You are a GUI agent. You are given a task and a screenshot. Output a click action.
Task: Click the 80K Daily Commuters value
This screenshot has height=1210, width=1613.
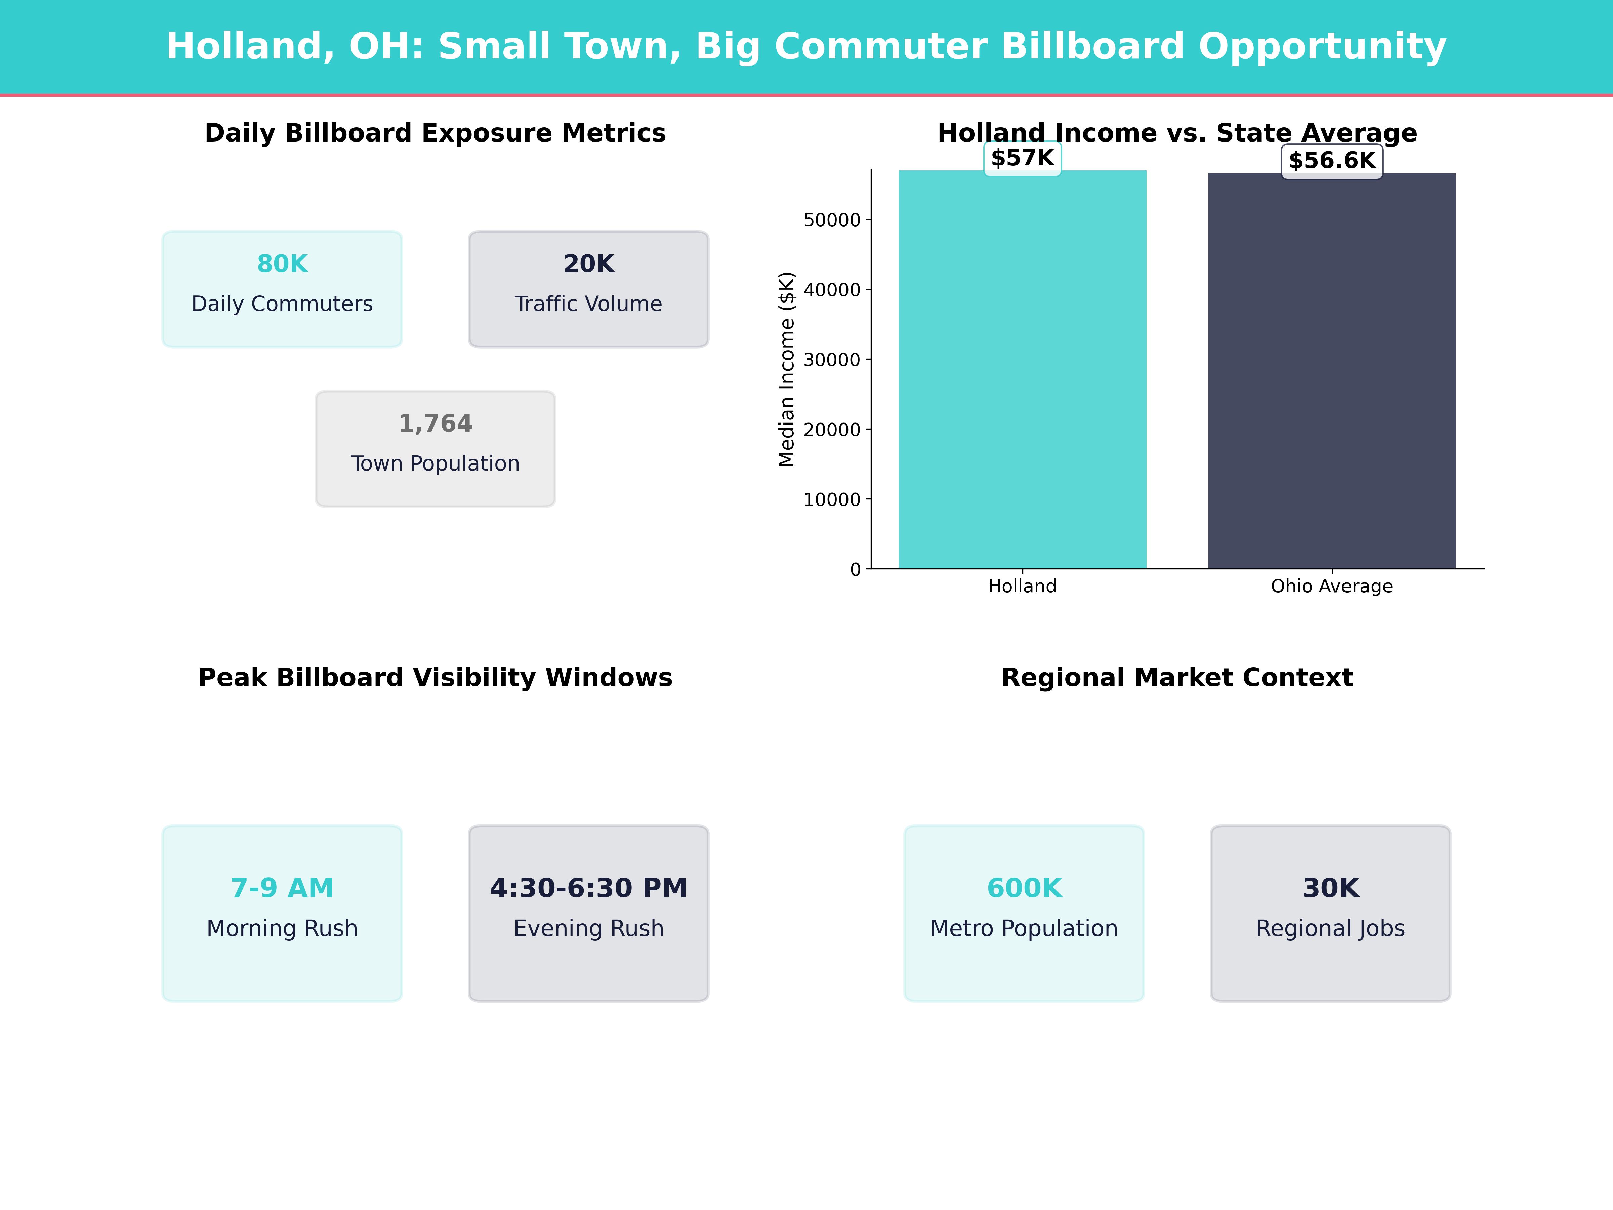[x=282, y=264]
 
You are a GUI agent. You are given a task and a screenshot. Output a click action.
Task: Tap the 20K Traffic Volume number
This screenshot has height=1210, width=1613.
[x=588, y=264]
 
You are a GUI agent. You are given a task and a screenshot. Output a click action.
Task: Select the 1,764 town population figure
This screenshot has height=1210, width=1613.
[x=435, y=424]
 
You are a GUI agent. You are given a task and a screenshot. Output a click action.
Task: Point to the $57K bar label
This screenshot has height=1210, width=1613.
[x=1022, y=158]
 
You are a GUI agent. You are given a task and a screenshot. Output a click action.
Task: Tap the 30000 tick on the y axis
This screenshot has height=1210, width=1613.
[x=832, y=360]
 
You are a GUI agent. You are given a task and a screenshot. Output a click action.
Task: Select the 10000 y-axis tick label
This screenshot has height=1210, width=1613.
[x=832, y=499]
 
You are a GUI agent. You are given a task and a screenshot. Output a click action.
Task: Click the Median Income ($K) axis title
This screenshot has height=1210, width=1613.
[x=786, y=369]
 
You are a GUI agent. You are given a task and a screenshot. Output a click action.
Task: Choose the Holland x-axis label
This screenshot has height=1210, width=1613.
[x=1022, y=587]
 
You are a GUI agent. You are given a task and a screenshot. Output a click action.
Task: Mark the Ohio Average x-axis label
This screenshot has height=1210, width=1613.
[x=1331, y=587]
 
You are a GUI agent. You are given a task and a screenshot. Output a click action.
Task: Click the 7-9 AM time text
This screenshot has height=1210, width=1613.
[x=282, y=888]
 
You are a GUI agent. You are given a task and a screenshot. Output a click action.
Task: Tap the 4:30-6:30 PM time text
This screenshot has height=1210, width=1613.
[x=588, y=888]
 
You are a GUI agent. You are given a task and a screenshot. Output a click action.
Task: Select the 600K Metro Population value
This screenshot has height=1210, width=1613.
[x=1024, y=888]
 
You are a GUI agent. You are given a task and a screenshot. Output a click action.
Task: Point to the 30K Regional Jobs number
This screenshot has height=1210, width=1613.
[x=1331, y=888]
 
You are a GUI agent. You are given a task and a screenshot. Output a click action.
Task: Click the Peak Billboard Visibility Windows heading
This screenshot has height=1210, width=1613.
[x=435, y=678]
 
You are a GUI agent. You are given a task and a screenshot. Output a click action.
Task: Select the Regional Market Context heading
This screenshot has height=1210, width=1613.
[x=1177, y=678]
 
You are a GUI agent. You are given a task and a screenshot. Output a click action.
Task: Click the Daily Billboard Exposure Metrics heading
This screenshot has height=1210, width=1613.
[x=435, y=133]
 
